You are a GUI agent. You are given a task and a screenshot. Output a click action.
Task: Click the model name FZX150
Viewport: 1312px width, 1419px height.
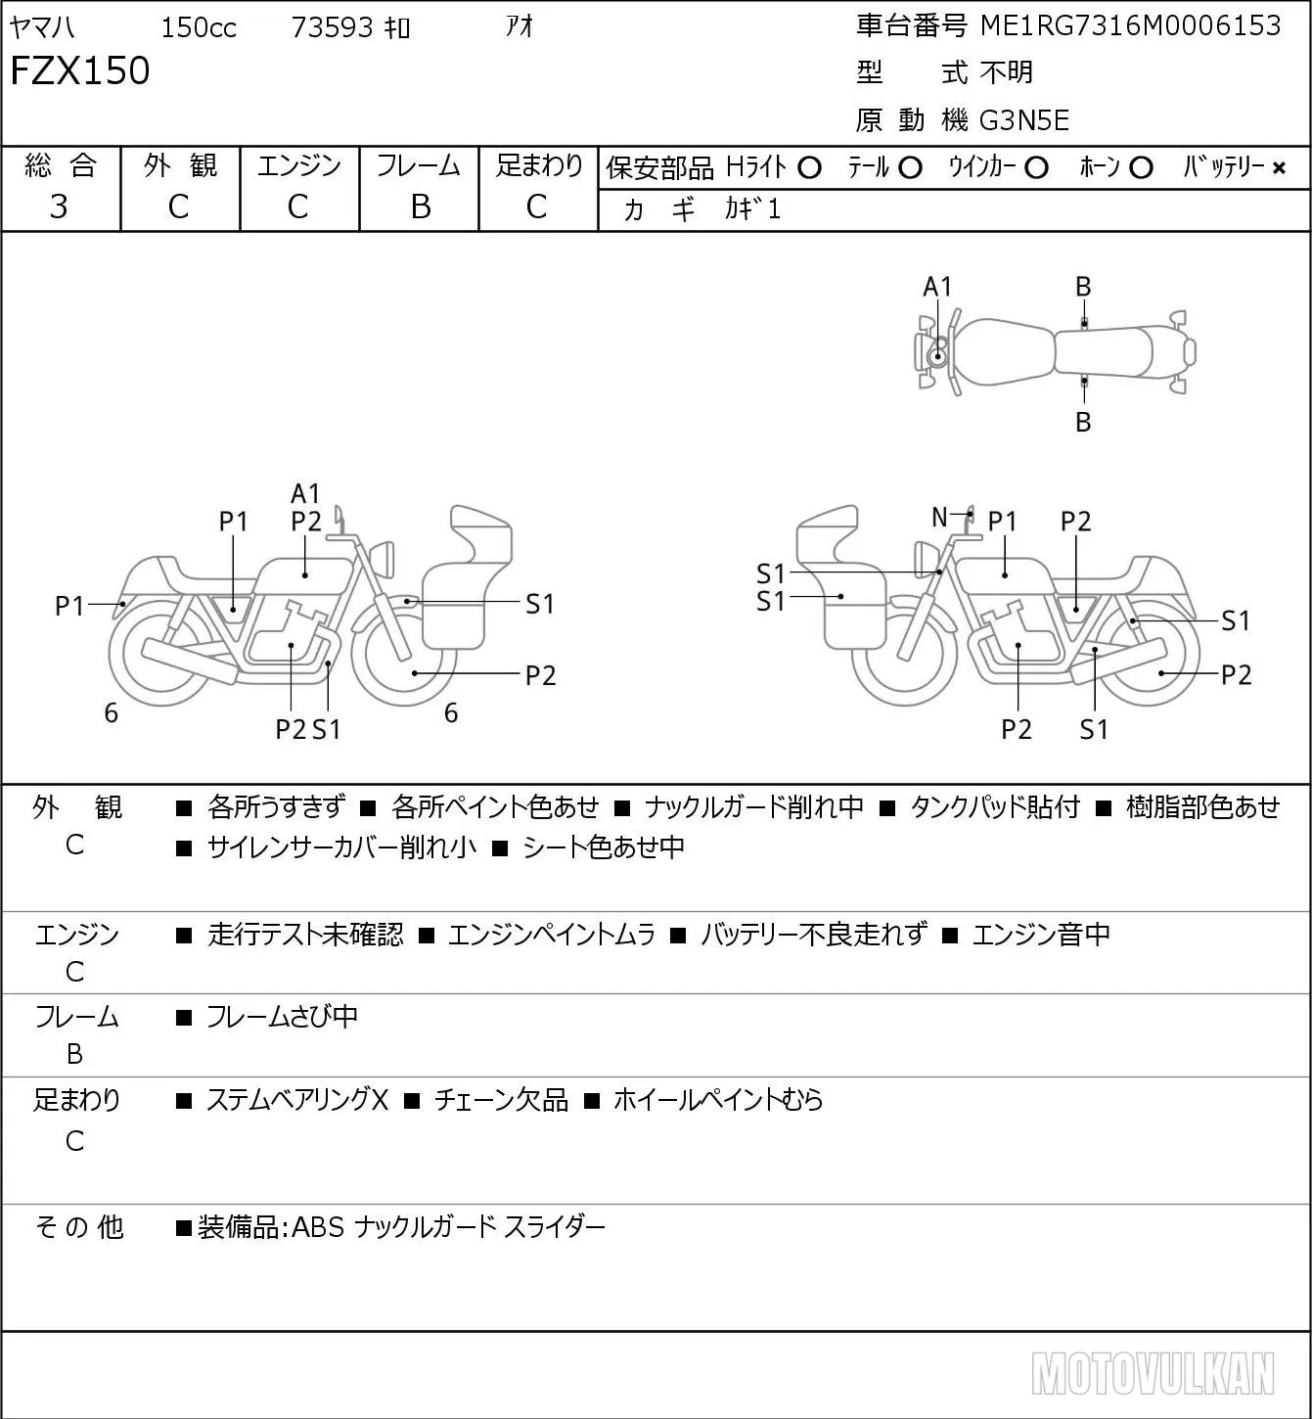pos(80,70)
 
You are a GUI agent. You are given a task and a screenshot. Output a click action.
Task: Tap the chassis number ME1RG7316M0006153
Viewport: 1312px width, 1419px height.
pos(1130,25)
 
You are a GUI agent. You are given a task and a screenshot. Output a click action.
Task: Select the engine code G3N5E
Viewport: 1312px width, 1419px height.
pos(1024,120)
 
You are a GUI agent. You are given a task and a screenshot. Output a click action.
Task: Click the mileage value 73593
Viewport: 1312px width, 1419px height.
pos(332,27)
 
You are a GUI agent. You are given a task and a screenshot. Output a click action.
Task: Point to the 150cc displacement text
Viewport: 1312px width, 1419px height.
pos(199,27)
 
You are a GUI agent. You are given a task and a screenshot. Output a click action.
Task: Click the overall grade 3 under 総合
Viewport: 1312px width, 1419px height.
pos(59,206)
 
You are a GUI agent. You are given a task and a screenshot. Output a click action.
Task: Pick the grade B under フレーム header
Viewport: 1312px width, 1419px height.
pos(420,206)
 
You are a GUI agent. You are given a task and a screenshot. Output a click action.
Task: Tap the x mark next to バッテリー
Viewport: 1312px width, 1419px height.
pos(1279,168)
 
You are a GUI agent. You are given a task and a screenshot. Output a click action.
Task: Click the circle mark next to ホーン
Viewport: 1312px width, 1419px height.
pos(1141,168)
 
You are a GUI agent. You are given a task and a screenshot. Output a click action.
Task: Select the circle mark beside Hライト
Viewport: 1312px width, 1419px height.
pos(810,168)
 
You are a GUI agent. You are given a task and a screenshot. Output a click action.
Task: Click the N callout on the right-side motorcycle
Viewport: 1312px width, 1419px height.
pos(939,517)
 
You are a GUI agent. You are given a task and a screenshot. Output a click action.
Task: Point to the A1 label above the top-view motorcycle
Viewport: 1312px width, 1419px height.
pos(937,288)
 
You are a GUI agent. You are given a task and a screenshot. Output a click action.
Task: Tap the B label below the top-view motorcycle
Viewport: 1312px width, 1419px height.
pos(1083,422)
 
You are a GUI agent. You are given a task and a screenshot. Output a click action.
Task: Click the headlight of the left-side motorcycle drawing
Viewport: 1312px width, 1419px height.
pos(385,558)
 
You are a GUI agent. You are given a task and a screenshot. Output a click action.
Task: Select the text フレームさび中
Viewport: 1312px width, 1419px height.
pos(282,1016)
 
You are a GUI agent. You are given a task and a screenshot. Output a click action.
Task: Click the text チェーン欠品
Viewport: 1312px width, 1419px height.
pos(501,1100)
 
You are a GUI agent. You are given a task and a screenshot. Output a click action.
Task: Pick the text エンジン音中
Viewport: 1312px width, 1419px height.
pos(1041,934)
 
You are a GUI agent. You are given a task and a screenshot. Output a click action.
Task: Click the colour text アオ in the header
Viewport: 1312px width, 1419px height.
pos(519,26)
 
